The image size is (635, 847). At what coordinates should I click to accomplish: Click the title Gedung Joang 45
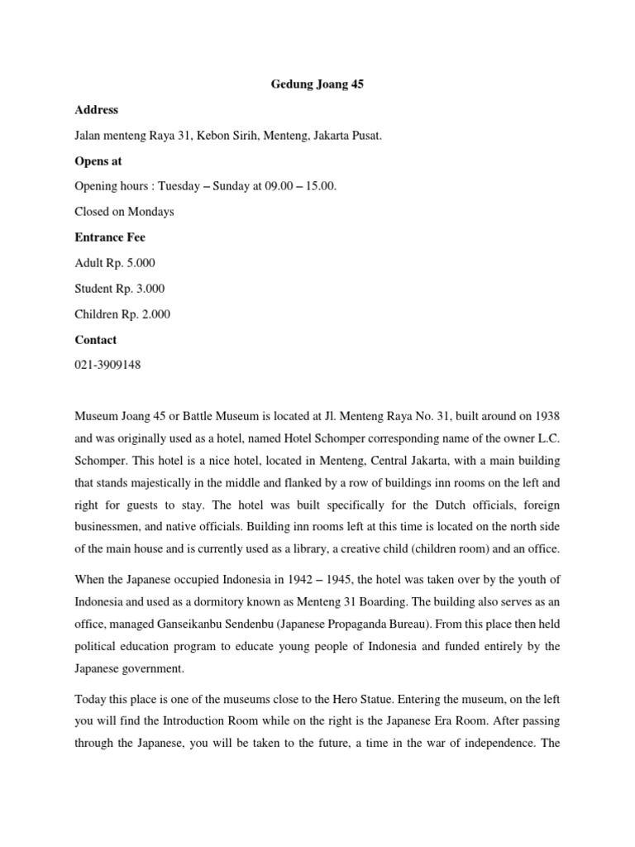pos(317,84)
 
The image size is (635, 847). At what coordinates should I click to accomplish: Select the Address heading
pos(97,109)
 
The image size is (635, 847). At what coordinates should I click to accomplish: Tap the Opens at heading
pos(98,160)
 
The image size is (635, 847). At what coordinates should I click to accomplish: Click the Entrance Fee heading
pos(110,237)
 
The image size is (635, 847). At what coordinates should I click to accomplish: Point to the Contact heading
pos(96,340)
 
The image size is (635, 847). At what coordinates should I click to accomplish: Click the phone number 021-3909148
pos(107,366)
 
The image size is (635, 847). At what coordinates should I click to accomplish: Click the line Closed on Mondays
pos(124,212)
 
